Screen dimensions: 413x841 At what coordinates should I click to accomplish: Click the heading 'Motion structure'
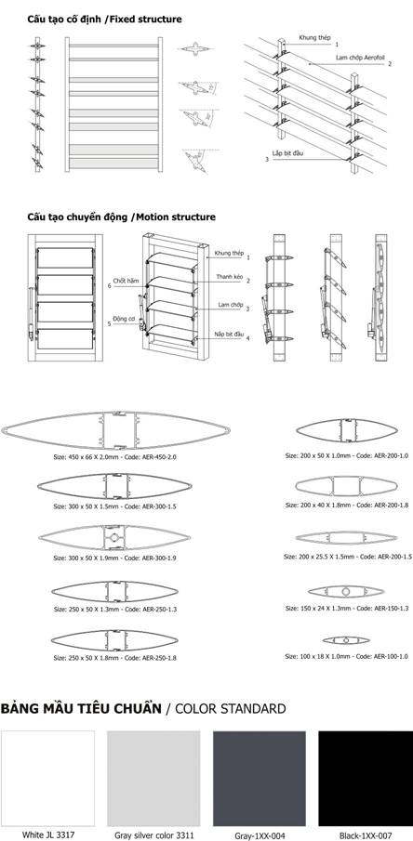[176, 217]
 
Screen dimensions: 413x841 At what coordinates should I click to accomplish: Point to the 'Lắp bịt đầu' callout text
[288, 152]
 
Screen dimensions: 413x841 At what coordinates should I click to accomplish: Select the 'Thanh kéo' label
[228, 276]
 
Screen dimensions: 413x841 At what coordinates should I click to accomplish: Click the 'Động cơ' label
[121, 318]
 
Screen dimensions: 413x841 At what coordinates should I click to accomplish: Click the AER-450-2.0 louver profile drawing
[115, 430]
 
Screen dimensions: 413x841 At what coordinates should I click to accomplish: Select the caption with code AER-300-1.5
[115, 506]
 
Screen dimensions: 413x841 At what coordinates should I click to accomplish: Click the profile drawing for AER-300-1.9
[114, 537]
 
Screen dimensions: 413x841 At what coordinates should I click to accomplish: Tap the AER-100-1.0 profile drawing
[346, 640]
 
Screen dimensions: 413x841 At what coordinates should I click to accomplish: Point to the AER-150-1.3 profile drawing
[346, 591]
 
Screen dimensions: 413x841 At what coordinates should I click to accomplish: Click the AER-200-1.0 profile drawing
[347, 430]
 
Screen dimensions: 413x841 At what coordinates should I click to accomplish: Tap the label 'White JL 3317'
[47, 834]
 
